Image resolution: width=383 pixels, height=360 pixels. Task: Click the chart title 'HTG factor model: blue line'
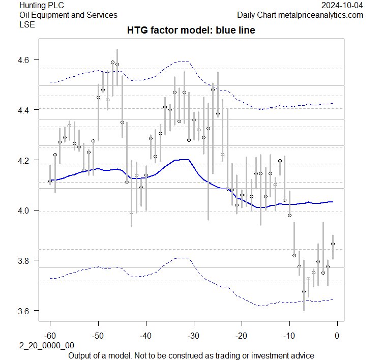pos(191,31)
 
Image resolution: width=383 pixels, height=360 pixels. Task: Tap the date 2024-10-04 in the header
pos(342,6)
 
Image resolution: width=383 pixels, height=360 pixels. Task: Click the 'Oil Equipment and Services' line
pos(68,15)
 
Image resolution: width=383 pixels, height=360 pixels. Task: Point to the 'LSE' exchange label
pos(27,24)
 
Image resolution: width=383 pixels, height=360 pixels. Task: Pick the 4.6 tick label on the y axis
pos(25,60)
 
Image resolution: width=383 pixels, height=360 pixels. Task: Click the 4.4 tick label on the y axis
pos(25,110)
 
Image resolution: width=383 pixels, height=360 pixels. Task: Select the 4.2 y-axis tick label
pos(25,160)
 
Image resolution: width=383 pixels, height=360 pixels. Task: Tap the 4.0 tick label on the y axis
pos(25,211)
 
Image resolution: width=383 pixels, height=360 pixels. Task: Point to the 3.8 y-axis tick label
pos(25,260)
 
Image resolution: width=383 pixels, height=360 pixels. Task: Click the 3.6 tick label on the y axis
pos(25,311)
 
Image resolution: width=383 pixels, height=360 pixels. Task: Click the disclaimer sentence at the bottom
pos(191,355)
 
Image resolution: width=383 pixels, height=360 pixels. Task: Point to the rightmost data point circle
pos(333,244)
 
